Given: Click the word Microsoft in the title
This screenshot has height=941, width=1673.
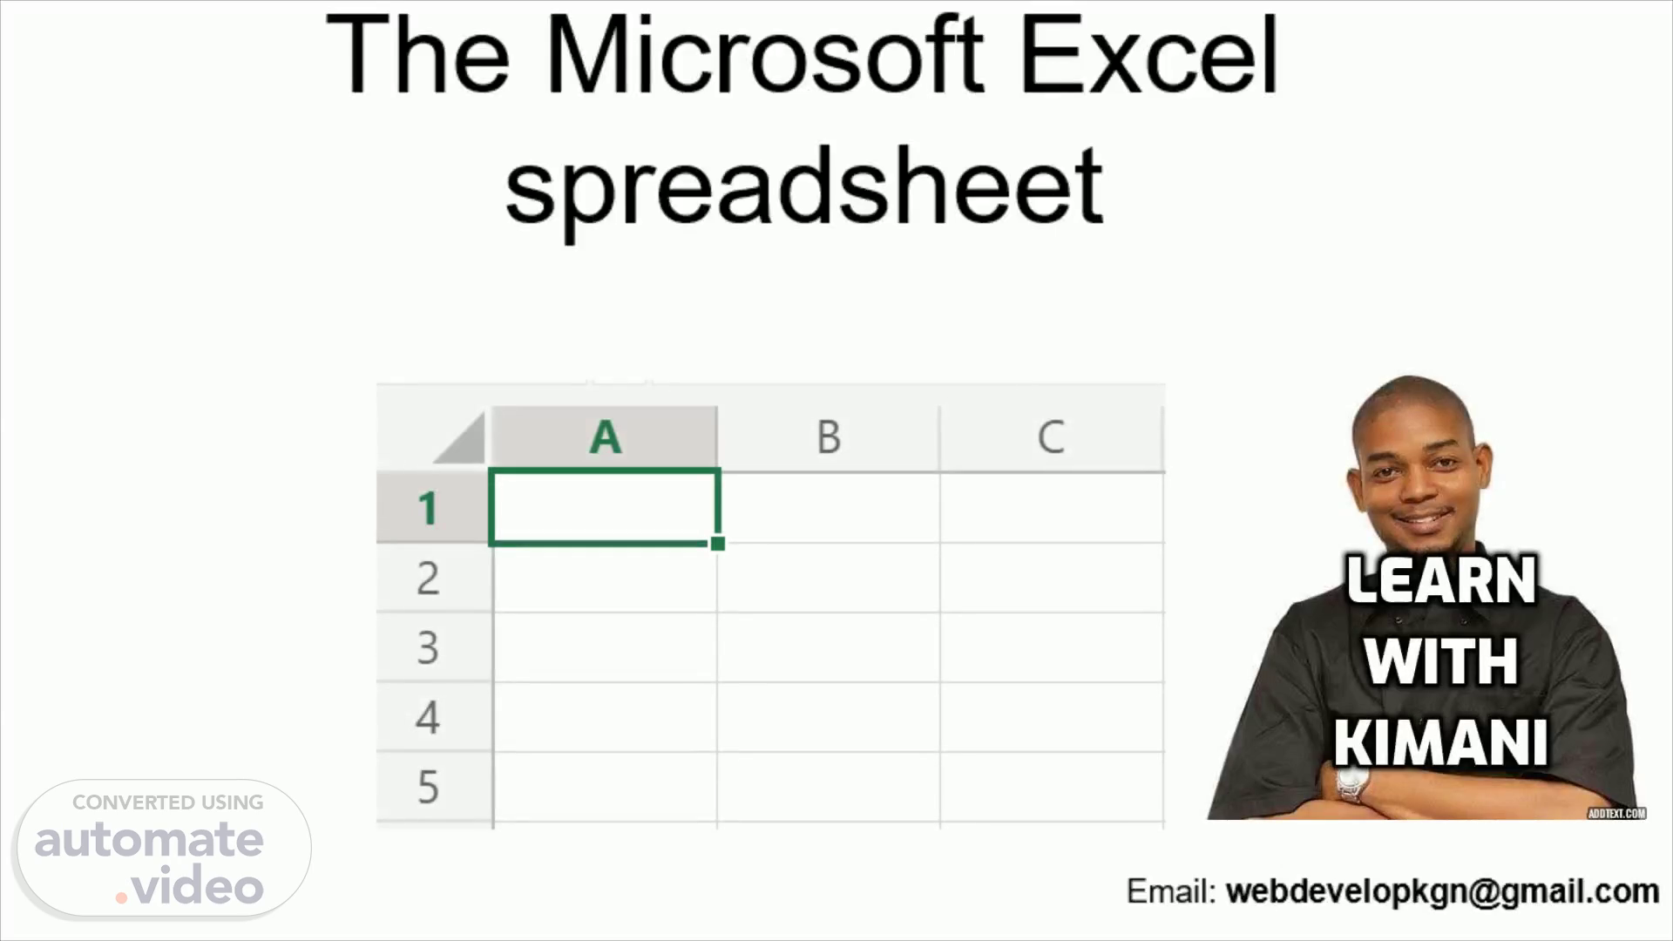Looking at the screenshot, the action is (764, 54).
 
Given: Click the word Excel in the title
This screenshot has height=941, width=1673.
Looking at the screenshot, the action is (1148, 54).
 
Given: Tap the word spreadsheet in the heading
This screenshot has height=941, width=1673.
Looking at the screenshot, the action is (803, 186).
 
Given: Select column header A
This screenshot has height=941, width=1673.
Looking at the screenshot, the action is (605, 437).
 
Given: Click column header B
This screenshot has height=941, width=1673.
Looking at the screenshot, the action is (829, 437).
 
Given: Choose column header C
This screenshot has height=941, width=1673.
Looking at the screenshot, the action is (1051, 437).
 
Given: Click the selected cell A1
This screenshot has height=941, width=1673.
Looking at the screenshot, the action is (605, 507).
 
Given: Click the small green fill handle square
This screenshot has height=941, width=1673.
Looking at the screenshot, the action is (717, 544).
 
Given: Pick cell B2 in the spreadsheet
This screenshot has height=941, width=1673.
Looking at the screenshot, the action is (829, 578).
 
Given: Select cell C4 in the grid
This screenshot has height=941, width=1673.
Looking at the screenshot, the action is (1052, 717).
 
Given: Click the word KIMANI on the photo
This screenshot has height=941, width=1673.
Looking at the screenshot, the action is (1440, 742).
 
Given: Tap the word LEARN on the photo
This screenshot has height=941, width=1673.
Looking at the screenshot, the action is (1441, 579).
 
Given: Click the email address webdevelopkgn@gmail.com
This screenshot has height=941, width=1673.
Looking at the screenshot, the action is (1442, 891).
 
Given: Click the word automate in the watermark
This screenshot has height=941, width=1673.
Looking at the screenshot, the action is (149, 840).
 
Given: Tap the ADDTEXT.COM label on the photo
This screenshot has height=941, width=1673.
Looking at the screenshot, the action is (1616, 813).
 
